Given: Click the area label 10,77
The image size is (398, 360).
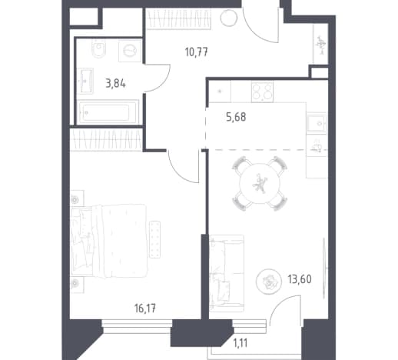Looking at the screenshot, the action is coord(197,52).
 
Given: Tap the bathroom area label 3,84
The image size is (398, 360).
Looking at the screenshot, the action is coord(116,84).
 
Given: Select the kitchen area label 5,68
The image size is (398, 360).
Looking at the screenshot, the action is coord(236,117).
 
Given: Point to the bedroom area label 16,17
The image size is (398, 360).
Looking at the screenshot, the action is coord(145,308).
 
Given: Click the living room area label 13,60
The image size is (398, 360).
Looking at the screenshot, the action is coord(300,279).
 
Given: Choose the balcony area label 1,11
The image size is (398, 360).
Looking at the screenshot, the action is coord(240,343).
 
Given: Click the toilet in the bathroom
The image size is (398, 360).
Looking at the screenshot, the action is coord(99,48).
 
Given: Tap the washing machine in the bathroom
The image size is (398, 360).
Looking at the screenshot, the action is coord(130,51).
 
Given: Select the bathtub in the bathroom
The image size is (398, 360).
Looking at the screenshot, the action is coord(108,112).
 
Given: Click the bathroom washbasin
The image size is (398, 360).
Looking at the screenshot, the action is coord(85,81).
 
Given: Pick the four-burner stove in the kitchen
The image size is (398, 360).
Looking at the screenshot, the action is coord(262,92).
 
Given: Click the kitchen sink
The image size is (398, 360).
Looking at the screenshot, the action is coord(317,123).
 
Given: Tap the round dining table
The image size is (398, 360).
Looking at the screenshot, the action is coord(260,183).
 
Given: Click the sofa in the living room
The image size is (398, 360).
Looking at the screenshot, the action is coord(227,273).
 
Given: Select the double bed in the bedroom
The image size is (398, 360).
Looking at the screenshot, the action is coord(108,241).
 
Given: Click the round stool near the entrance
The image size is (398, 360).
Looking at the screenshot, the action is coord(229,18).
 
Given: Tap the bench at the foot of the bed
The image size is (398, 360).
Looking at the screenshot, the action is coord(154,239).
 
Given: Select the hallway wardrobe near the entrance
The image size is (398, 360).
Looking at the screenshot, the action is coord(178,18).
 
